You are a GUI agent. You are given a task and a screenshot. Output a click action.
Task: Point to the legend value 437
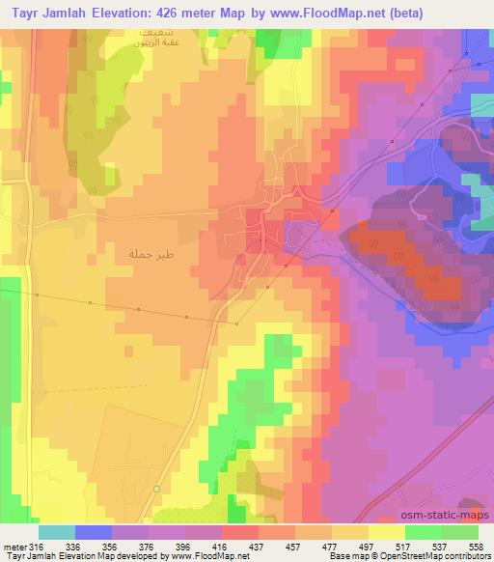click(258, 546)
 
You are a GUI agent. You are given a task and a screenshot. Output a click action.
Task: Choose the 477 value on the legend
click(331, 546)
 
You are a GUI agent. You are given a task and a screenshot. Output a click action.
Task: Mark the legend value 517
click(404, 546)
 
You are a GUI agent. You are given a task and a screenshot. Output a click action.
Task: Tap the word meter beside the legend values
click(14, 546)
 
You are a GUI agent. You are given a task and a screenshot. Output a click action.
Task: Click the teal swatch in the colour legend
click(57, 531)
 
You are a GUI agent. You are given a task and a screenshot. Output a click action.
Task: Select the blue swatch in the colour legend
click(94, 531)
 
